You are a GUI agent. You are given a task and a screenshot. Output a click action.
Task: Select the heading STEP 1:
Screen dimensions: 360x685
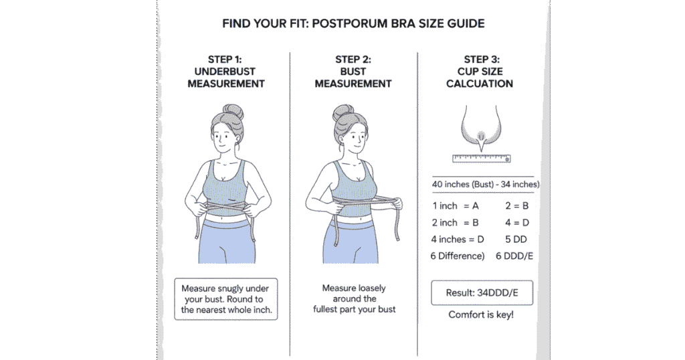pos(225,60)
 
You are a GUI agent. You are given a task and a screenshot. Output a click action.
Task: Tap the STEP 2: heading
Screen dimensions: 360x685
pos(353,60)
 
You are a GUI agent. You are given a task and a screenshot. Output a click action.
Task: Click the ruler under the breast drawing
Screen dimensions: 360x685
pos(481,159)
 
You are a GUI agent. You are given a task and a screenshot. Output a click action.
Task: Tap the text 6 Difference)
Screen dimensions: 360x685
pos(458,256)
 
